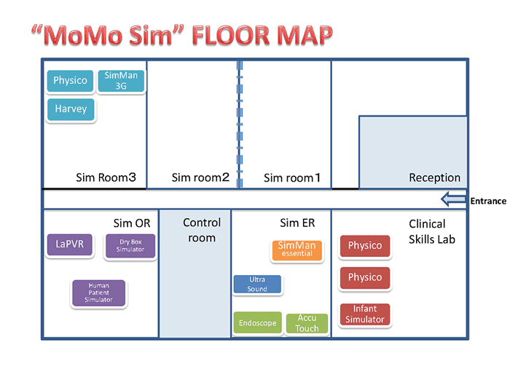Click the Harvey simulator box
pyautogui.click(x=71, y=109)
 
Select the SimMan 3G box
pyautogui.click(x=121, y=81)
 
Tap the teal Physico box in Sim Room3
pyautogui.click(x=70, y=81)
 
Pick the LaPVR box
pyautogui.click(x=70, y=244)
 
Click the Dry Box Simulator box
pyautogui.click(x=130, y=246)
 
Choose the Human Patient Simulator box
pyautogui.click(x=99, y=293)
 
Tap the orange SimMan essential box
pyautogui.click(x=297, y=250)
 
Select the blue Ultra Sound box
pyautogui.click(x=257, y=284)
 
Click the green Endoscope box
pyautogui.click(x=258, y=322)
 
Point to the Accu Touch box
pyautogui.click(x=307, y=323)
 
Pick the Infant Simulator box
pyautogui.click(x=365, y=314)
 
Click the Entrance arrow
pyautogui.click(x=453, y=199)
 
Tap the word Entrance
pyautogui.click(x=488, y=201)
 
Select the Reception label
pyautogui.click(x=434, y=178)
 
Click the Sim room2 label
pyautogui.click(x=200, y=177)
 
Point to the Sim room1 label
pyautogui.click(x=292, y=178)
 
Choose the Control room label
pyautogui.click(x=202, y=231)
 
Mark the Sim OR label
pyautogui.click(x=132, y=223)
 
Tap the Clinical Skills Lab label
pyautogui.click(x=432, y=231)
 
